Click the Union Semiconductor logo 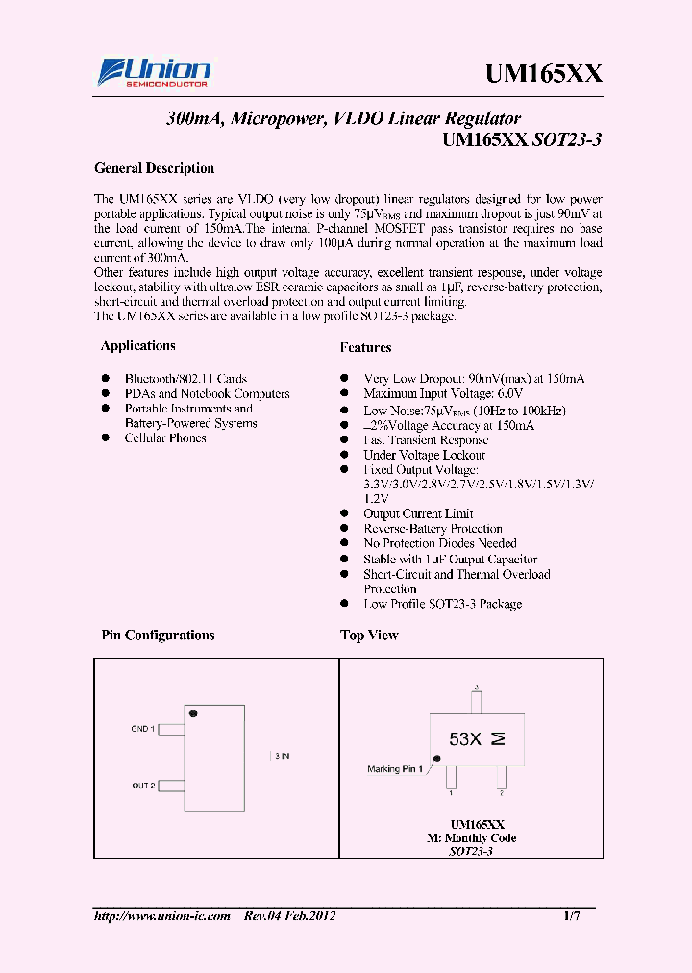155,72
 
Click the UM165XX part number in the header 543,74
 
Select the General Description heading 154,168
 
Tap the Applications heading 138,346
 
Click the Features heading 365,347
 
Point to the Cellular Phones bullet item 164,438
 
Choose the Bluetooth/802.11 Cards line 185,379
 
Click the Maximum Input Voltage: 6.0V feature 443,394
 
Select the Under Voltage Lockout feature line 424,455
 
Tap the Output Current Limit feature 418,514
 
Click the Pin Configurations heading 158,636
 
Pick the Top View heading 369,636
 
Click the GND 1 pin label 142,730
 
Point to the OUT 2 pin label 143,786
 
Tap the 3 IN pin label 282,757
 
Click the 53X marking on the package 465,739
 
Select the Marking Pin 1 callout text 395,769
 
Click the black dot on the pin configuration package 193,713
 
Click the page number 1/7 572,917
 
